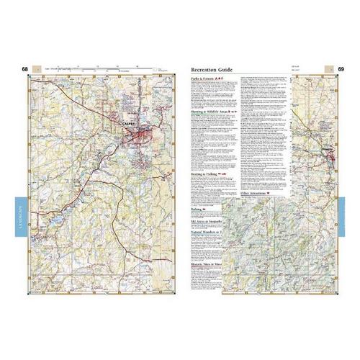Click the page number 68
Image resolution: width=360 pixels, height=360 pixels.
(26, 69)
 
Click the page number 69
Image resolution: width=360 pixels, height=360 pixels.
(341, 69)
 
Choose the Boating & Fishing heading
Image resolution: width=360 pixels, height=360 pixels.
(206, 175)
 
